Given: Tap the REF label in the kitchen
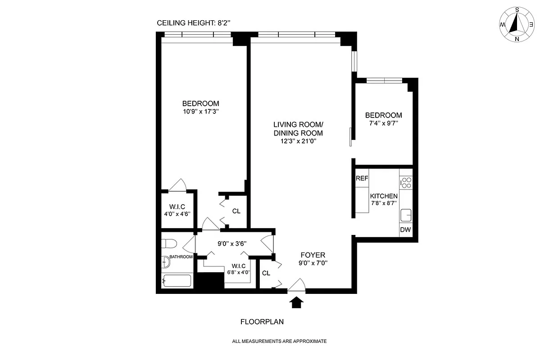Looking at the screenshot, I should (x=362, y=179).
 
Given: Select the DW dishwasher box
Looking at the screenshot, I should (x=405, y=230).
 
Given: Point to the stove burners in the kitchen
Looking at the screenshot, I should (x=406, y=182).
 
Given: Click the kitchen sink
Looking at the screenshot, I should (x=406, y=216).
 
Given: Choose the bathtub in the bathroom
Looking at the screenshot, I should (x=177, y=281).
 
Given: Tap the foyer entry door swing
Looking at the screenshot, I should (x=297, y=285).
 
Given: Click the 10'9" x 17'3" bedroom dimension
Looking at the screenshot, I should (x=200, y=111).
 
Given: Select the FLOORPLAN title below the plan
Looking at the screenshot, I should (x=262, y=322).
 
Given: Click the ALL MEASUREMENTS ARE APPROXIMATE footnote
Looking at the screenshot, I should (x=279, y=342).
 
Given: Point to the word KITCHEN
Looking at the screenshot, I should (x=384, y=196).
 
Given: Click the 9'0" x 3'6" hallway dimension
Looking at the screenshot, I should (x=231, y=243).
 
